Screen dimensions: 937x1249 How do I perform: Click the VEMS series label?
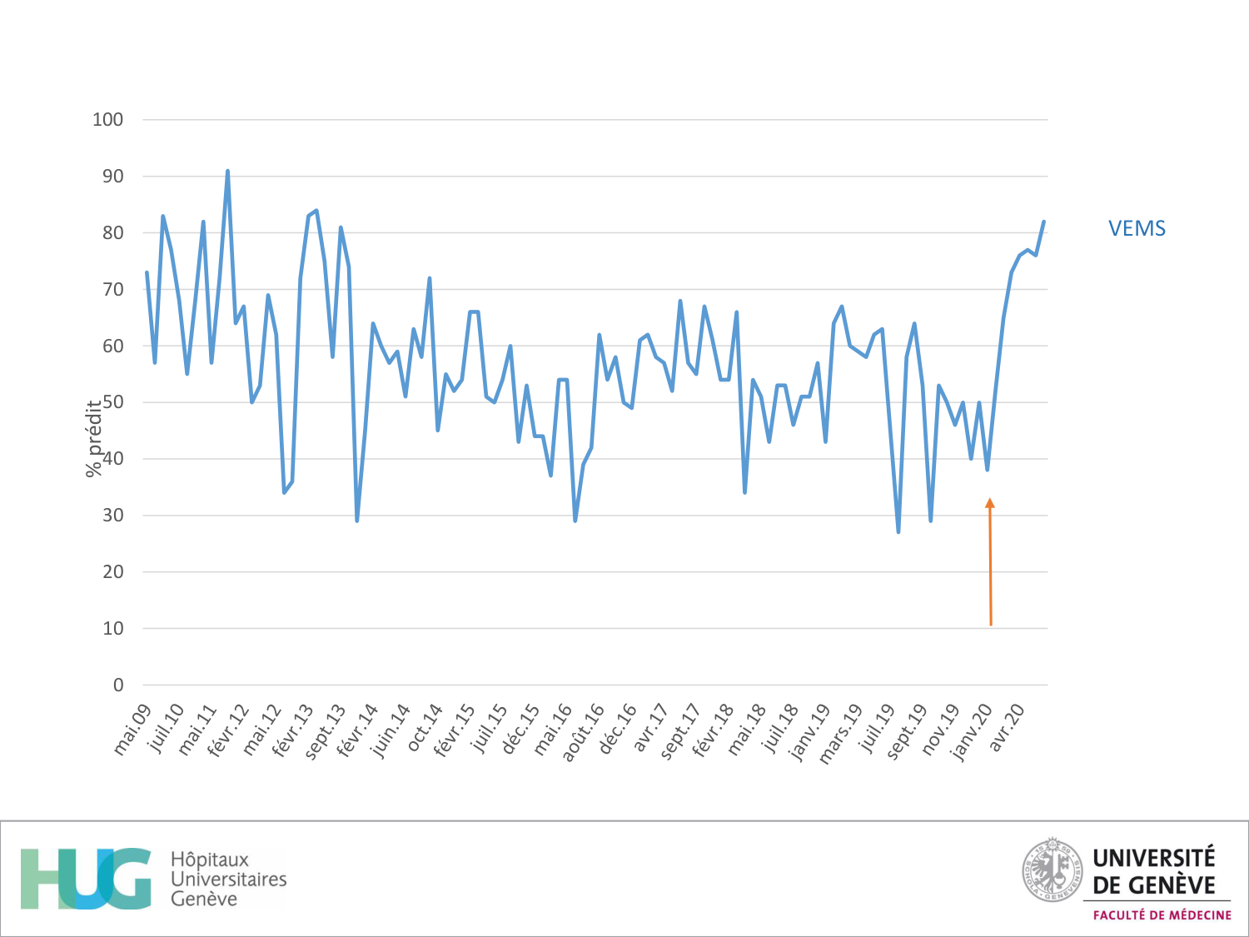(x=1137, y=228)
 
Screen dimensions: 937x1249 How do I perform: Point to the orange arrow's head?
(x=990, y=503)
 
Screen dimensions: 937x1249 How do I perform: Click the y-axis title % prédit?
(x=94, y=438)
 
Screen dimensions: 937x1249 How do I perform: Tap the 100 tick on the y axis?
(x=107, y=120)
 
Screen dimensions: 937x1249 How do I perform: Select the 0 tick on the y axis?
(x=117, y=685)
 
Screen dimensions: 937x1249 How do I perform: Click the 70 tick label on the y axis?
(x=112, y=290)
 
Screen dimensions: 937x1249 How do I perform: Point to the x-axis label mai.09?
(x=132, y=730)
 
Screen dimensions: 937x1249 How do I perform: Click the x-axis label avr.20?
(x=1006, y=727)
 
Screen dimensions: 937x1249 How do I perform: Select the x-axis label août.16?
(x=583, y=732)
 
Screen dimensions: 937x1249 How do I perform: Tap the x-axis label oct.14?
(x=425, y=728)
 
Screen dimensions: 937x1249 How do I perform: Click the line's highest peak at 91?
(x=227, y=172)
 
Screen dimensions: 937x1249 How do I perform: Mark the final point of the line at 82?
(x=1043, y=222)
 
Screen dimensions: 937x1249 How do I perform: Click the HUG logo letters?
(x=86, y=879)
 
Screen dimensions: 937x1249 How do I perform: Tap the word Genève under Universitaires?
(x=204, y=899)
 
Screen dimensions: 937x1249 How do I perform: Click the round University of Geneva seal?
(x=1052, y=870)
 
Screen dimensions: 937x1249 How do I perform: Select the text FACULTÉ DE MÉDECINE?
(x=1162, y=915)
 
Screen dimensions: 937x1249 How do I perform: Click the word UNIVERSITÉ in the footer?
(x=1153, y=858)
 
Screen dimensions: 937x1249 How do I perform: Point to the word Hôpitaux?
(x=210, y=860)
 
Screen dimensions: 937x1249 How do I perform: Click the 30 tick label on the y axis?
(x=112, y=516)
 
